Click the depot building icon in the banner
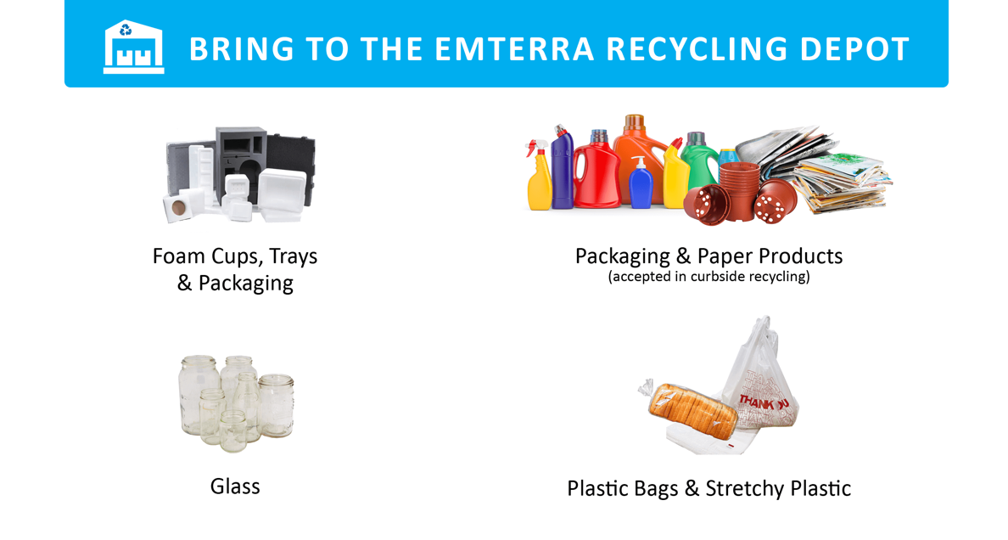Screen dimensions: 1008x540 click(134, 47)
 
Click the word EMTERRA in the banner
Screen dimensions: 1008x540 click(514, 49)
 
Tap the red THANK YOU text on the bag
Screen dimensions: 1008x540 click(763, 402)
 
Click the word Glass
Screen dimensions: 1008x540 click(235, 487)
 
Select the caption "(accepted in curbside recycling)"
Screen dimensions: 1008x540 click(709, 277)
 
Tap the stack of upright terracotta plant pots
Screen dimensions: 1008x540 click(739, 187)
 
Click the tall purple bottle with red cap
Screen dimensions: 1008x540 click(562, 169)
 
